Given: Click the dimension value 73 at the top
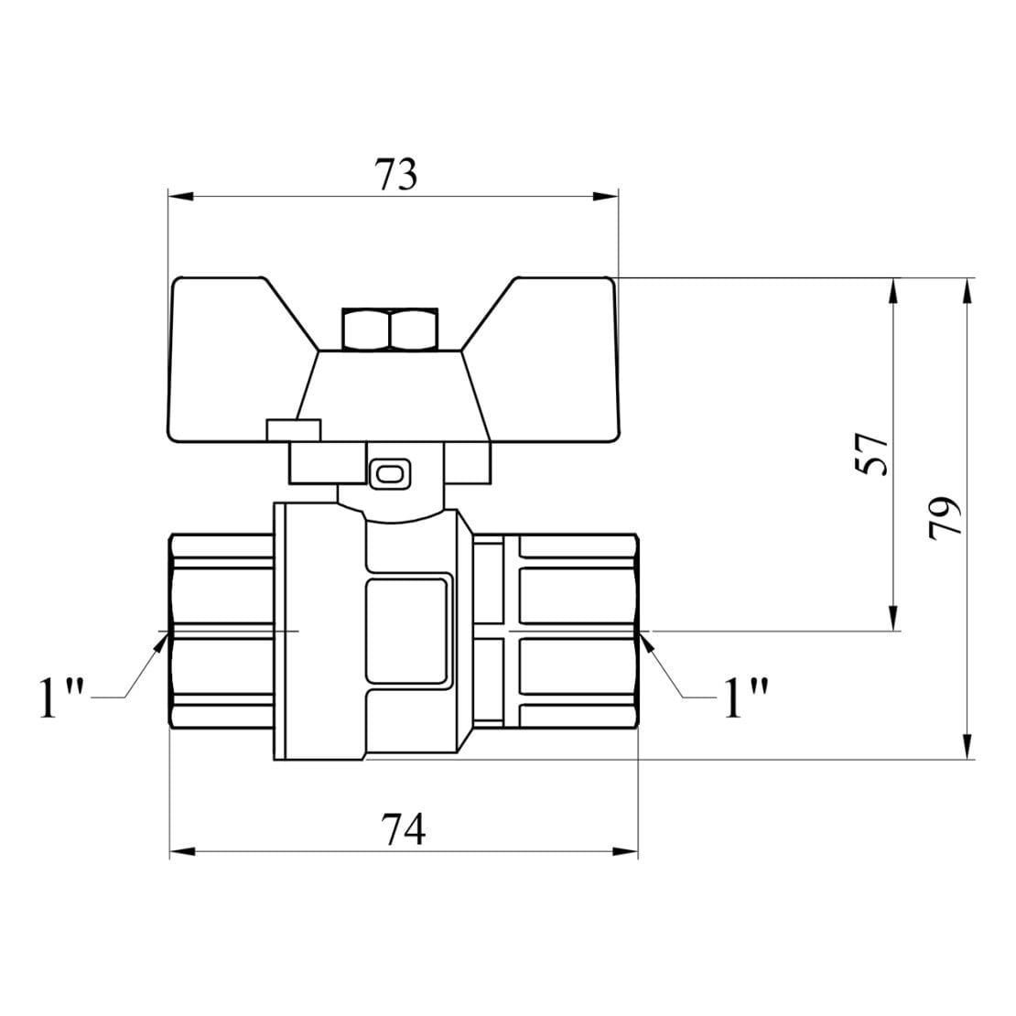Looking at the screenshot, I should (x=395, y=174).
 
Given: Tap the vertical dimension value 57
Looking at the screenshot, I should (x=874, y=453).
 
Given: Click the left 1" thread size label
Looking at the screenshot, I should (x=60, y=698).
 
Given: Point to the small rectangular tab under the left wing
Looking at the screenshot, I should (x=293, y=428).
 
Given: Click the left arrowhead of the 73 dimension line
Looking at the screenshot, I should (x=179, y=196).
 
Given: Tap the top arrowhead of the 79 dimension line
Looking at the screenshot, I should (x=967, y=287).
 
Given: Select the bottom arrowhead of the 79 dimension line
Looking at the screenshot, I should (x=967, y=749).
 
